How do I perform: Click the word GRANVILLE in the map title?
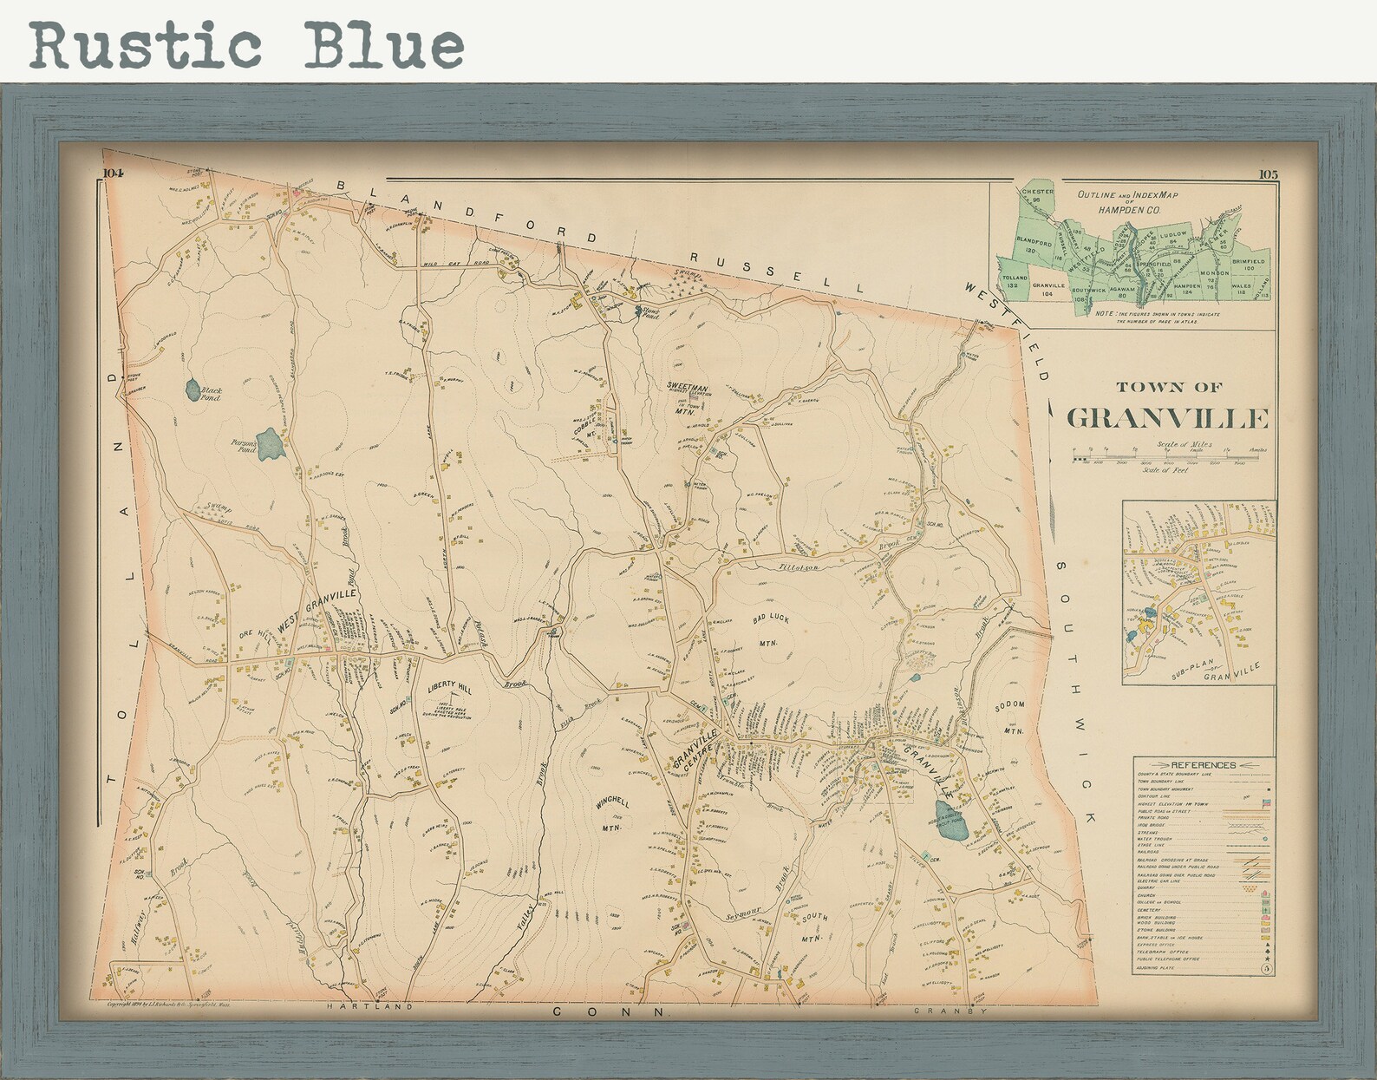pyautogui.click(x=1166, y=418)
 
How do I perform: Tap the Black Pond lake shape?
pyautogui.click(x=193, y=389)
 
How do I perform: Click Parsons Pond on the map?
pyautogui.click(x=270, y=444)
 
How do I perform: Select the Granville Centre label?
pyautogui.click(x=695, y=751)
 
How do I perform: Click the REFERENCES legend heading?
pyautogui.click(x=1203, y=765)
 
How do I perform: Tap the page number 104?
pyautogui.click(x=114, y=173)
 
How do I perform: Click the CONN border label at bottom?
pyautogui.click(x=610, y=1011)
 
